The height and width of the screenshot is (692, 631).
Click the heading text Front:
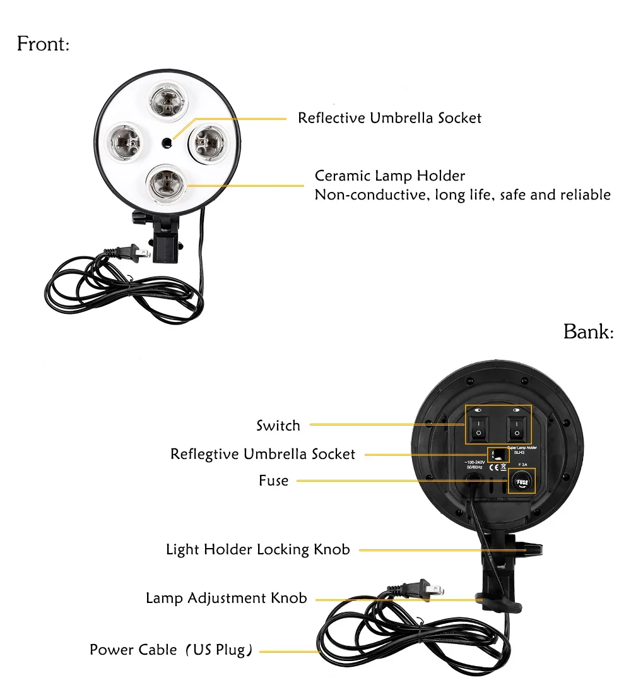pos(43,44)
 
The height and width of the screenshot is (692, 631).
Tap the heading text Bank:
pos(588,331)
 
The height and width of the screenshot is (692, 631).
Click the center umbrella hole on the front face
pos(167,143)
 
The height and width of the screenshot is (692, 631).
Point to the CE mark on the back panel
pos(495,467)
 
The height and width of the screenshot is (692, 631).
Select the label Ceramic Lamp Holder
pos(390,176)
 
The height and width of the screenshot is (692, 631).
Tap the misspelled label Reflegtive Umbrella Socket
pos(262,454)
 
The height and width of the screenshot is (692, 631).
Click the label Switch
pos(278,426)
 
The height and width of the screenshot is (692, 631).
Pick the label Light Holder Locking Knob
pos(257,549)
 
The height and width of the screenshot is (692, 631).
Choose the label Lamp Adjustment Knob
pos(227,598)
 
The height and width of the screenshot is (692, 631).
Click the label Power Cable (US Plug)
pos(171,650)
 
